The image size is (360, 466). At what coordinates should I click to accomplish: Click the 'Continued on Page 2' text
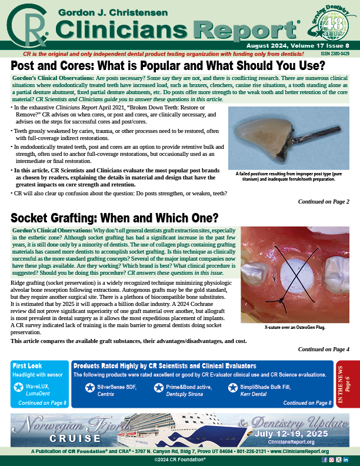point(323,202)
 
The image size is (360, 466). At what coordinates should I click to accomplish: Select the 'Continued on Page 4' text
point(323,349)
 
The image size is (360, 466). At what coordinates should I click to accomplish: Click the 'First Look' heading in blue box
point(28,365)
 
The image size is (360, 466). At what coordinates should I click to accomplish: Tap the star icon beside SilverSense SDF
point(89,388)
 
